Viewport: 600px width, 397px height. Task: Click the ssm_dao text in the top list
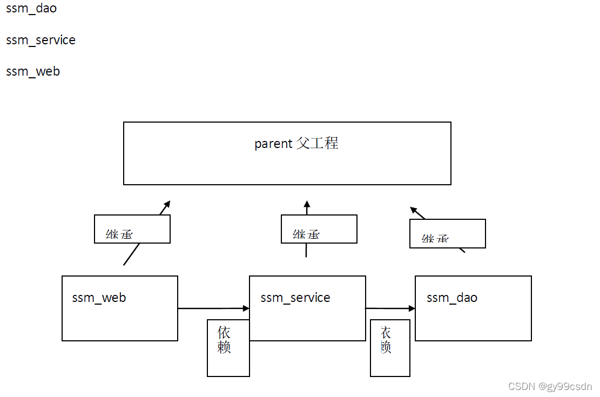tap(31, 9)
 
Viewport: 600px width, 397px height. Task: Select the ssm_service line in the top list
tap(41, 40)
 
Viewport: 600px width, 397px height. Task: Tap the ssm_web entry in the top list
tap(33, 71)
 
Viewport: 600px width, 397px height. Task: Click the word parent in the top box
tap(273, 144)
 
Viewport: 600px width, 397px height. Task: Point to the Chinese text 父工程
tap(318, 143)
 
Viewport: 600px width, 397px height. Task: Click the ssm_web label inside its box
tap(99, 298)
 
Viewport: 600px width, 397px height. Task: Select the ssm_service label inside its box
tap(295, 298)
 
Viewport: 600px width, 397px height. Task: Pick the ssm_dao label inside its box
tap(451, 298)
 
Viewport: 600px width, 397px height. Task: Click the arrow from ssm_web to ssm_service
tap(213, 308)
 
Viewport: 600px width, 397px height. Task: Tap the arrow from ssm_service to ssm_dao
tap(390, 308)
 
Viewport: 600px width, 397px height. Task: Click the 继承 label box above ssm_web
tap(132, 229)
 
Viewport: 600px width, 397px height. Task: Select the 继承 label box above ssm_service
tap(319, 229)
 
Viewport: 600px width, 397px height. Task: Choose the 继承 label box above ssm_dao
tap(447, 233)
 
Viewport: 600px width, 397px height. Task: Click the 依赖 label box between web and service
tap(228, 348)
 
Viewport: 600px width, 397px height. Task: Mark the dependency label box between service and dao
tap(389, 348)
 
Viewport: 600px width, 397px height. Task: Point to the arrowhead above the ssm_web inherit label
tap(167, 204)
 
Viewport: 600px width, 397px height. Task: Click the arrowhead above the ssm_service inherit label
tap(307, 205)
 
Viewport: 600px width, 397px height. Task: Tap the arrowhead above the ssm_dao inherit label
tap(414, 210)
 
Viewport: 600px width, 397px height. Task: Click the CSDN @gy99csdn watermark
tap(550, 387)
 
